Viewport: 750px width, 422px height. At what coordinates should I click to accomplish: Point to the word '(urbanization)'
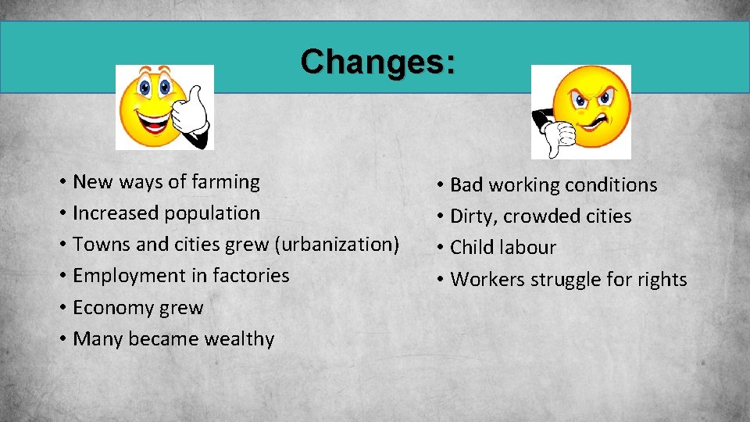(337, 245)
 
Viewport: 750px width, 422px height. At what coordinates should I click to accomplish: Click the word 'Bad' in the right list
(468, 185)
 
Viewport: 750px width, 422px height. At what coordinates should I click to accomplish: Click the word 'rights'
(660, 280)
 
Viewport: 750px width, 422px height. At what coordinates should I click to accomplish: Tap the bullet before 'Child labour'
(441, 249)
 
